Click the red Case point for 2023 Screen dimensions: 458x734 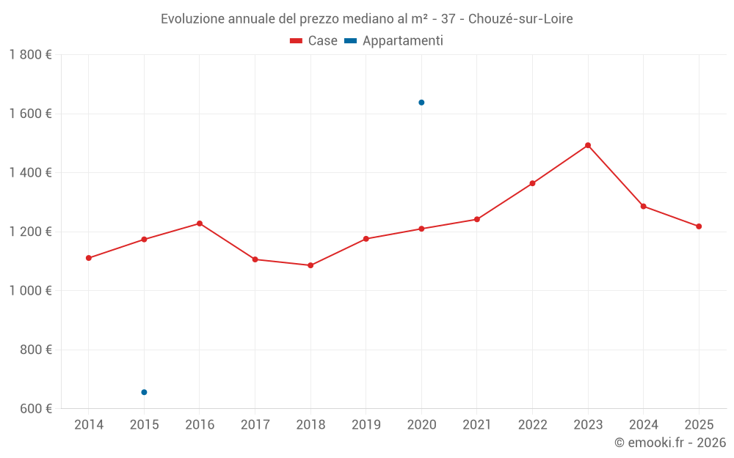tap(588, 145)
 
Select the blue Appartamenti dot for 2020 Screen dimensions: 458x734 tap(421, 103)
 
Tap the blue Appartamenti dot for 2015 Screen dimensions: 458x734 tap(144, 392)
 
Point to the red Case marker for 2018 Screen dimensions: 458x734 tap(310, 265)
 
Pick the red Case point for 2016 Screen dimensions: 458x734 tap(200, 224)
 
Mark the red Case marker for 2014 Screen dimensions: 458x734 tap(89, 258)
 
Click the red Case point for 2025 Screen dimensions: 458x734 tap(699, 226)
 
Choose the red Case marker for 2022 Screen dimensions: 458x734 tap(532, 183)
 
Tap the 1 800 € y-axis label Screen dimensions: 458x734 tap(30, 55)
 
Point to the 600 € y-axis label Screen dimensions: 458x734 tap(35, 408)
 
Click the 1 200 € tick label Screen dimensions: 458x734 tap(30, 232)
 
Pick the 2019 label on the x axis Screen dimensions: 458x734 tap(366, 425)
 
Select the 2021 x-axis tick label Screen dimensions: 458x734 tap(477, 425)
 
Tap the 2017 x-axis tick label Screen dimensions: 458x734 tap(255, 425)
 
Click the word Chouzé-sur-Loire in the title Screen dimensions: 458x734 tap(520, 19)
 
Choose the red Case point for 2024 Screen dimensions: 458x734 tap(644, 206)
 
